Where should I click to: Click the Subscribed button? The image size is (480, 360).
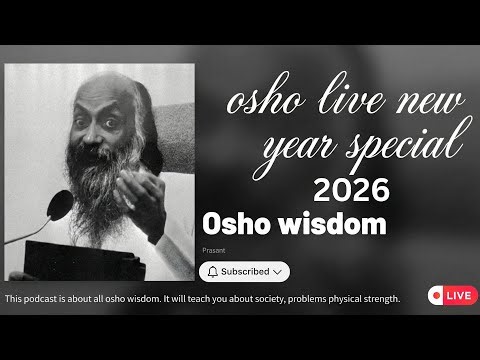[x=245, y=271]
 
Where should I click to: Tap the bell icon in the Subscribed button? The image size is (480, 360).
[x=212, y=271]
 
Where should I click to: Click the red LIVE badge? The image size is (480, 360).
[x=451, y=296]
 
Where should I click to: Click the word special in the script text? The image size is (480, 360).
[x=390, y=147]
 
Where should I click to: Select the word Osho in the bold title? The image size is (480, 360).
[x=234, y=225]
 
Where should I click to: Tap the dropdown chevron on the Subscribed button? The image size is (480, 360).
[x=277, y=271]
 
